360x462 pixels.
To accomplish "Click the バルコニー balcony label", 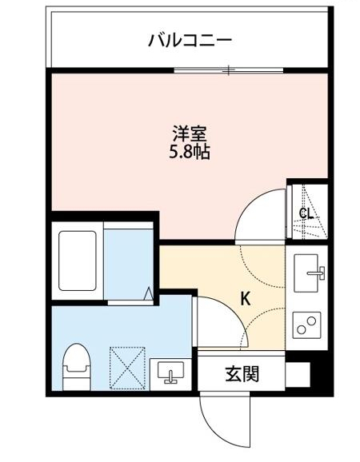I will click(x=190, y=39).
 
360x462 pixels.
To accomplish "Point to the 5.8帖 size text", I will click(x=190, y=151).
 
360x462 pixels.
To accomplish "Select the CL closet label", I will click(x=305, y=213).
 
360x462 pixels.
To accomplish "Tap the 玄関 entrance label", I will click(x=241, y=372).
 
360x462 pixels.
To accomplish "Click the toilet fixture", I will click(x=77, y=363).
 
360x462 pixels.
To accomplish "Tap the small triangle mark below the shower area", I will click(x=149, y=294).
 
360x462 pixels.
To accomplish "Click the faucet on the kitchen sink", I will click(x=318, y=273).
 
